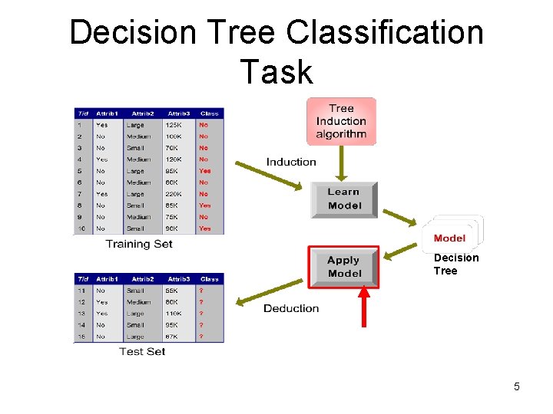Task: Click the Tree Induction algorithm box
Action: click(x=341, y=120)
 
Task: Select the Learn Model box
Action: click(x=343, y=199)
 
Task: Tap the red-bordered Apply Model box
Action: click(x=344, y=267)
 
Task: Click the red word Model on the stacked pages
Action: click(x=449, y=238)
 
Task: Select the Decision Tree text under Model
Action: click(x=455, y=264)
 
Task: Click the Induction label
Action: click(x=291, y=162)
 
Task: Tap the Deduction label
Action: click(x=291, y=308)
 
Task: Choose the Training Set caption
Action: click(x=139, y=244)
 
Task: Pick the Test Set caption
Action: click(x=142, y=351)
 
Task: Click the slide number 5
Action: click(x=517, y=386)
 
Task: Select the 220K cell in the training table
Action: click(x=174, y=194)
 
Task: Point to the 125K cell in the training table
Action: click(x=174, y=124)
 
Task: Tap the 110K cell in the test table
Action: click(x=175, y=314)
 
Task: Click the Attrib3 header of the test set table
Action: click(x=179, y=279)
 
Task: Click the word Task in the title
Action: click(x=276, y=72)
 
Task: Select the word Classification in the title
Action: click(x=385, y=33)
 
